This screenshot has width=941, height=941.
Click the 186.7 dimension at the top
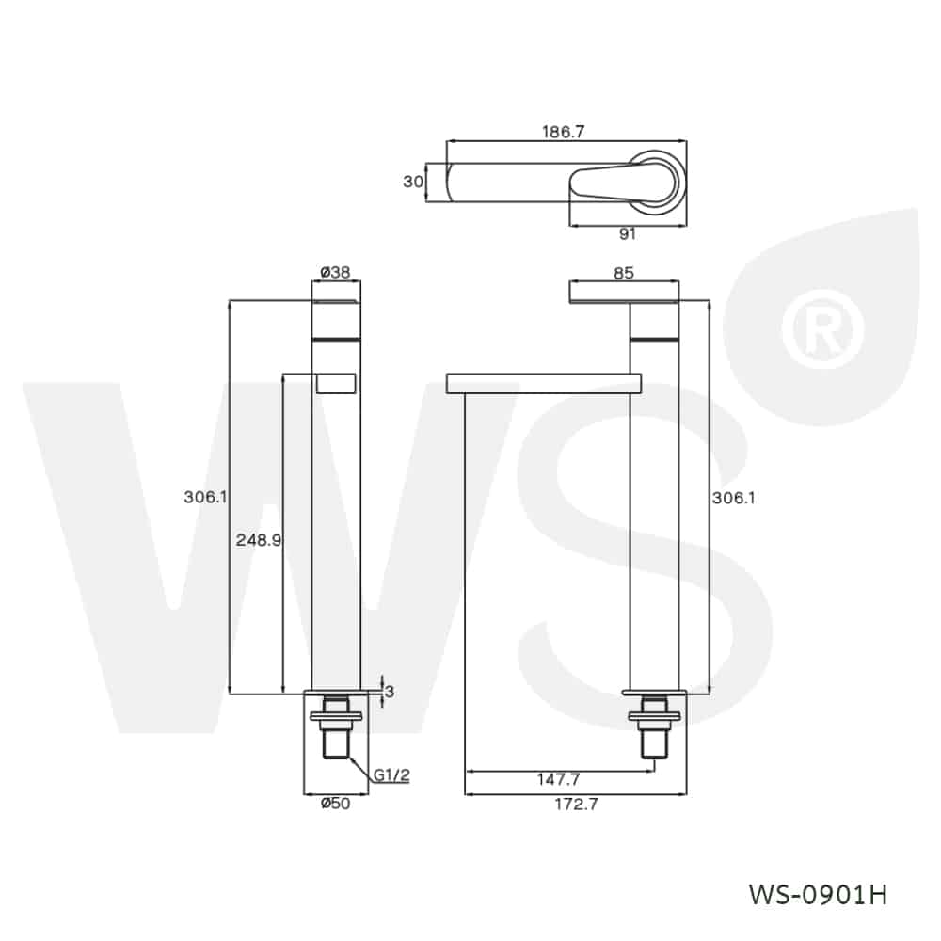click(x=564, y=133)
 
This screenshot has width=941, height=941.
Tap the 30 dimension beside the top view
click(x=413, y=182)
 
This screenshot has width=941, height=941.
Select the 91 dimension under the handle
click(x=628, y=234)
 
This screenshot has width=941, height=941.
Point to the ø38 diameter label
click(x=335, y=272)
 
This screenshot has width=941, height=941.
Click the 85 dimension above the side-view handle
click(x=623, y=273)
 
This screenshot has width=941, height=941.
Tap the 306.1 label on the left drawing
click(x=206, y=497)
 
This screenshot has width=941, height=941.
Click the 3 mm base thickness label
click(x=390, y=692)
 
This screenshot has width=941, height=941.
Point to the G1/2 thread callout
click(x=391, y=774)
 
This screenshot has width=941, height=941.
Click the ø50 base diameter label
click(x=335, y=803)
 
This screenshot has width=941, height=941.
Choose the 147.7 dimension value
click(x=559, y=779)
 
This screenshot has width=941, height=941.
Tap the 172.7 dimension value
click(x=576, y=804)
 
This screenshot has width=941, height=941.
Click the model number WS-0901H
click(x=817, y=893)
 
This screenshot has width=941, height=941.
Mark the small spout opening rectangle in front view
click(x=336, y=381)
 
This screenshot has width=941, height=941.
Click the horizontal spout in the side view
click(x=543, y=381)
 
